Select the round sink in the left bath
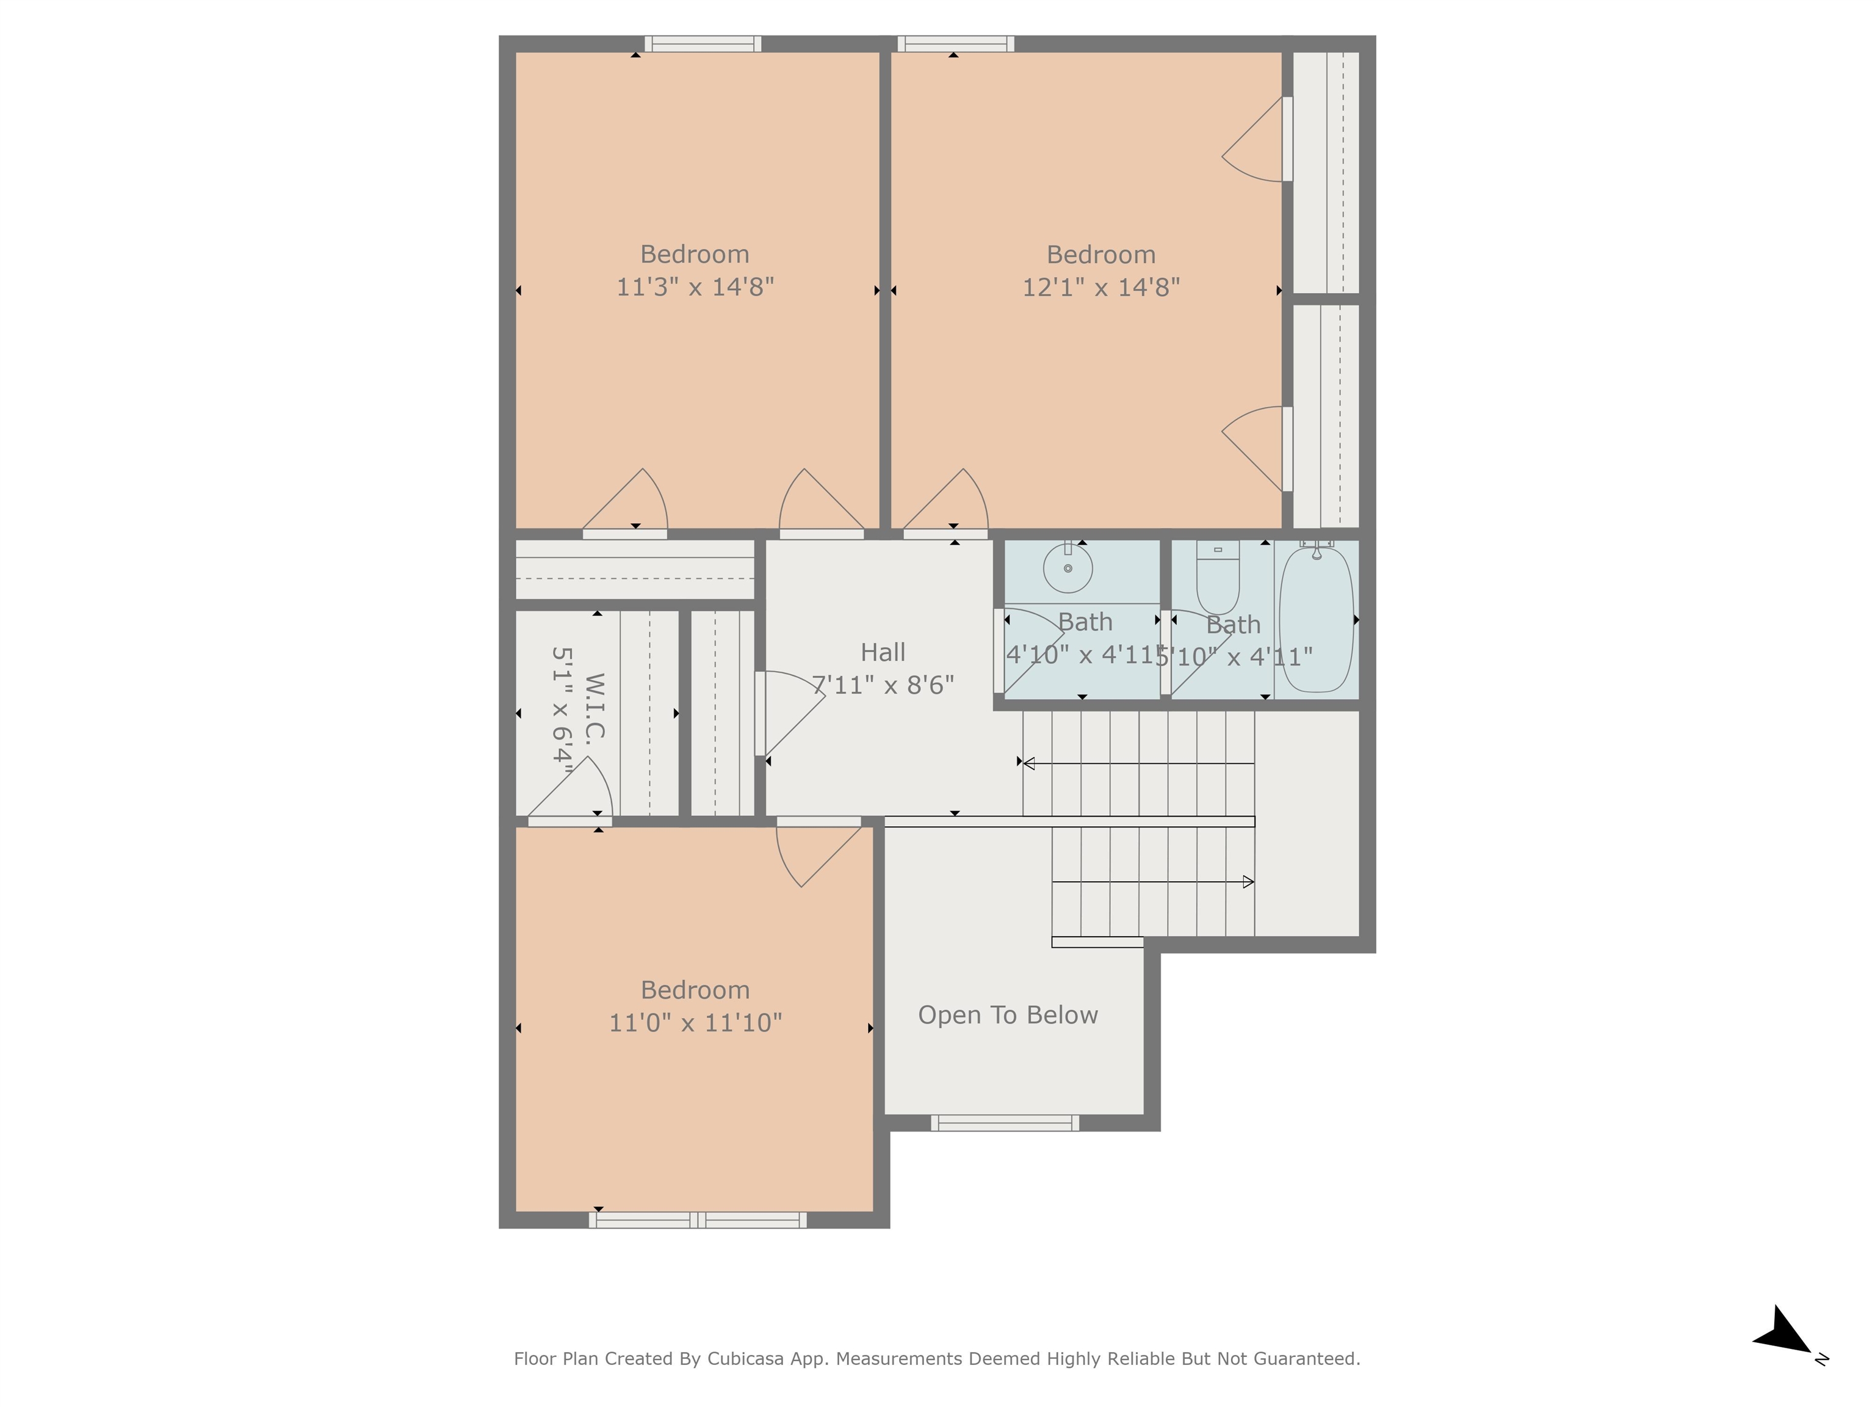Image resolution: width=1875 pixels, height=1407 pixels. pyautogui.click(x=1067, y=568)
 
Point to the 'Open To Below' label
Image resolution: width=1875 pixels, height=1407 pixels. pyautogui.click(x=1008, y=1015)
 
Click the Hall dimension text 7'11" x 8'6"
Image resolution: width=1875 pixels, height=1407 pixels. pyautogui.click(x=883, y=685)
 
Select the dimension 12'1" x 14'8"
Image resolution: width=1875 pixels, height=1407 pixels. pyautogui.click(x=1101, y=288)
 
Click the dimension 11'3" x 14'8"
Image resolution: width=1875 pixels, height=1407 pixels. pyautogui.click(x=695, y=286)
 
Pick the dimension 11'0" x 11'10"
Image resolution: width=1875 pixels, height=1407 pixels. pyautogui.click(x=695, y=1023)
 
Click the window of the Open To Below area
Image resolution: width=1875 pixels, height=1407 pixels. pyautogui.click(x=1005, y=1123)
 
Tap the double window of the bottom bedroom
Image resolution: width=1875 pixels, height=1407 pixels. pyautogui.click(x=698, y=1220)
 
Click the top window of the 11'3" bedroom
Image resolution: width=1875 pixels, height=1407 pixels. pyautogui.click(x=703, y=44)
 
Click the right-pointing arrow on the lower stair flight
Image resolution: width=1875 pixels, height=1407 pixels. pyautogui.click(x=1248, y=882)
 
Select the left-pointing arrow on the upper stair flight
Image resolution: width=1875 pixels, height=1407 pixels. pyautogui.click(x=1029, y=764)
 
